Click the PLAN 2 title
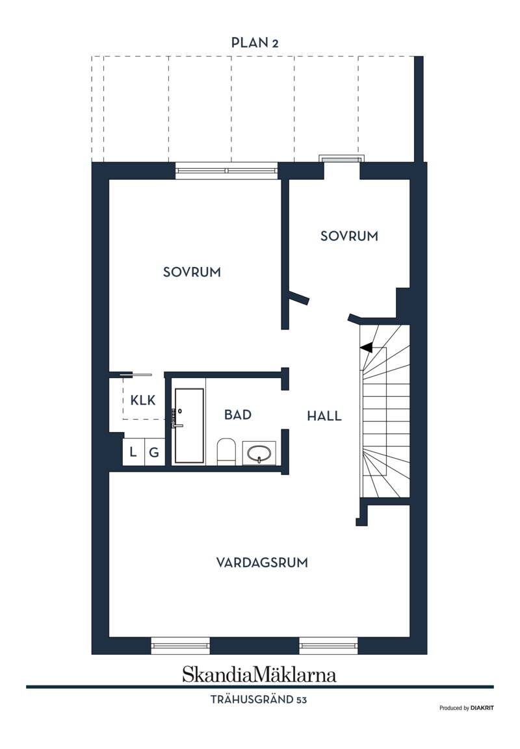pyautogui.click(x=255, y=42)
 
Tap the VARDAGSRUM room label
pyautogui.click(x=262, y=562)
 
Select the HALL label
pyautogui.click(x=324, y=416)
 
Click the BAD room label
pyautogui.click(x=237, y=414)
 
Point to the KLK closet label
pyautogui.click(x=143, y=400)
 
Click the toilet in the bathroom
pyautogui.click(x=227, y=452)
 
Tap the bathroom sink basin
pyautogui.click(x=259, y=453)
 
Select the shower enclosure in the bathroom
pyautogui.click(x=189, y=425)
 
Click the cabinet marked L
pyautogui.click(x=133, y=452)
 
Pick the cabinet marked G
pyautogui.click(x=155, y=452)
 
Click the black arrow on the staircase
pyautogui.click(x=367, y=348)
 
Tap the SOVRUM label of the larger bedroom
pyautogui.click(x=192, y=272)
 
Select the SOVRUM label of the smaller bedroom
pyautogui.click(x=349, y=236)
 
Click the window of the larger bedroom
pyautogui.click(x=227, y=171)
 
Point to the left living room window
pyautogui.click(x=181, y=645)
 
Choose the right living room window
pyautogui.click(x=328, y=645)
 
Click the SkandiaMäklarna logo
pyautogui.click(x=259, y=674)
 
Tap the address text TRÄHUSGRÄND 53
pyautogui.click(x=259, y=700)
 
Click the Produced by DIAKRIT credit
pyautogui.click(x=467, y=708)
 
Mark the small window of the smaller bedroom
pyautogui.click(x=342, y=159)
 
